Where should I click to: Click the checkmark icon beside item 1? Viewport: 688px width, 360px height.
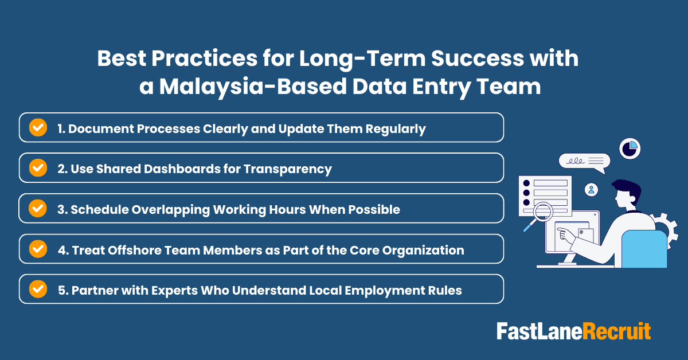point(38,128)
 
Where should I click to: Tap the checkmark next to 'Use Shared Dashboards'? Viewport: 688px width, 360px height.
point(38,168)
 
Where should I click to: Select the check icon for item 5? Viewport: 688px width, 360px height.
point(38,289)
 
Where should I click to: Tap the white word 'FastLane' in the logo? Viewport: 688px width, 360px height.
point(539,331)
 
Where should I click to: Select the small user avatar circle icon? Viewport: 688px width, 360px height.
point(591,189)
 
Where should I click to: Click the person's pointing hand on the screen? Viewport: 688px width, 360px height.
point(565,233)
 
